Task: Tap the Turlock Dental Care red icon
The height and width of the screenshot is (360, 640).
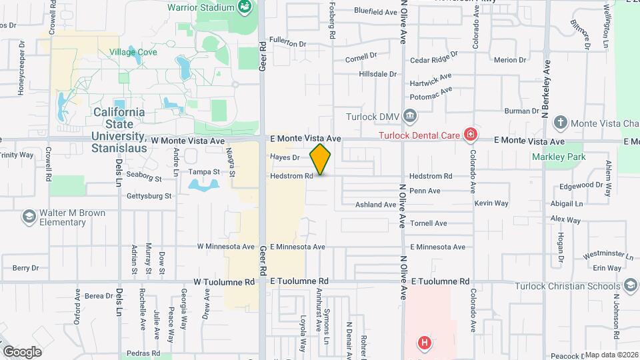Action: pos(471,135)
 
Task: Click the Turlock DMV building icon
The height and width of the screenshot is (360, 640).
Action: pos(410,117)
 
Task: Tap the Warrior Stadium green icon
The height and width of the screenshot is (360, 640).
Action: pos(245,7)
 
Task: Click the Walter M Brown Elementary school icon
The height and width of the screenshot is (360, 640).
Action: pos(29,216)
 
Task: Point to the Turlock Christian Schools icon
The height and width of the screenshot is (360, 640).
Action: pos(629,287)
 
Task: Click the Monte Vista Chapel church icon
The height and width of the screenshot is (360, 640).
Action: pos(561,122)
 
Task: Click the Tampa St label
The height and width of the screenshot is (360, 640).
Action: pos(204,172)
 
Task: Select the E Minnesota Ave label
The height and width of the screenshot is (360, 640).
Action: pos(298,247)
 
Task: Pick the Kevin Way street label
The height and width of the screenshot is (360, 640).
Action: pos(491,203)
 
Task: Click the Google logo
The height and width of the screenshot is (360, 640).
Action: pos(22,351)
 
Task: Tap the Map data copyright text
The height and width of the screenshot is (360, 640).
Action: pos(611,355)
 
